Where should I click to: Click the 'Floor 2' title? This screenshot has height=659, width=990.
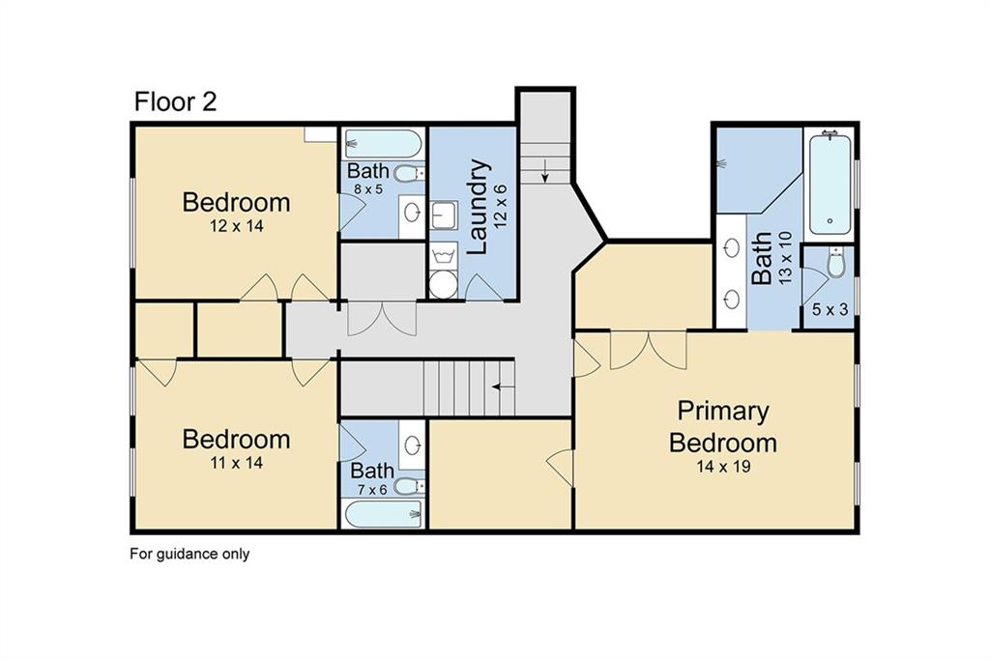click(x=175, y=102)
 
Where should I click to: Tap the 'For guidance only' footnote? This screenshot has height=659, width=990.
click(x=189, y=554)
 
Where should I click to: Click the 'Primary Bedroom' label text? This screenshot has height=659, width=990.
click(x=723, y=426)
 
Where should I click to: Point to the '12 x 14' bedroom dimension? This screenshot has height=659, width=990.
click(x=236, y=226)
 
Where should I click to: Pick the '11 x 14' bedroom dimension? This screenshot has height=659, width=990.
click(x=236, y=463)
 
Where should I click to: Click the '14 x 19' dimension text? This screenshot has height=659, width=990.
click(x=723, y=467)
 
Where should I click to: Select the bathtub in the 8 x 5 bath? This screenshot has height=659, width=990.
click(x=383, y=145)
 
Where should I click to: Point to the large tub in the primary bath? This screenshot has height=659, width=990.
click(x=830, y=185)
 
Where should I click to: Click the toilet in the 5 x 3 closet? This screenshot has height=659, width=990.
click(x=836, y=262)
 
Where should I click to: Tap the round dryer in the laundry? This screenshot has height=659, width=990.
click(x=444, y=284)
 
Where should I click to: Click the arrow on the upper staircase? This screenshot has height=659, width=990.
click(x=545, y=174)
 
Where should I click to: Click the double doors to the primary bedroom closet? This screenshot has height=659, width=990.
click(x=649, y=350)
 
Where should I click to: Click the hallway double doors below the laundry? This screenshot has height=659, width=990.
click(x=383, y=319)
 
